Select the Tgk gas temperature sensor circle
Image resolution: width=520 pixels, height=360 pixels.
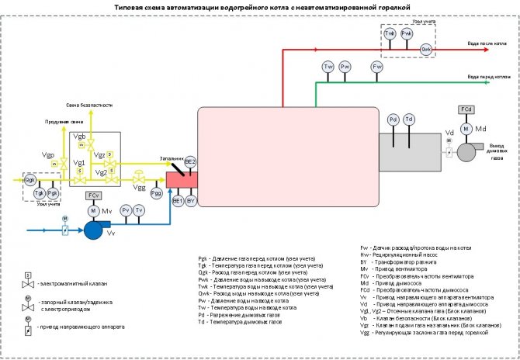[38, 192]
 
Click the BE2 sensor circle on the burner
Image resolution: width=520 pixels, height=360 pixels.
[191, 162]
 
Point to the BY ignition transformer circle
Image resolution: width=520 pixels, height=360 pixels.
[191, 201]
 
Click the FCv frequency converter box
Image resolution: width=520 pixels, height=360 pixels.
[93, 195]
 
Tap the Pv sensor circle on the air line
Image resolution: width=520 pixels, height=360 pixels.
[125, 210]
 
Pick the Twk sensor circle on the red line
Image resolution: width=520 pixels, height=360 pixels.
[390, 35]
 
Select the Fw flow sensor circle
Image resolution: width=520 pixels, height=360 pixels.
[377, 68]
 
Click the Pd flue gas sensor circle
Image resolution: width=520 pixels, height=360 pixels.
[393, 119]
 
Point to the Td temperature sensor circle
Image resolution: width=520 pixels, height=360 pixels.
[409, 119]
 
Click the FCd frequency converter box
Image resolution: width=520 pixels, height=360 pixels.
[466, 109]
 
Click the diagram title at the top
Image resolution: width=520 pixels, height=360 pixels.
[259, 5]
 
